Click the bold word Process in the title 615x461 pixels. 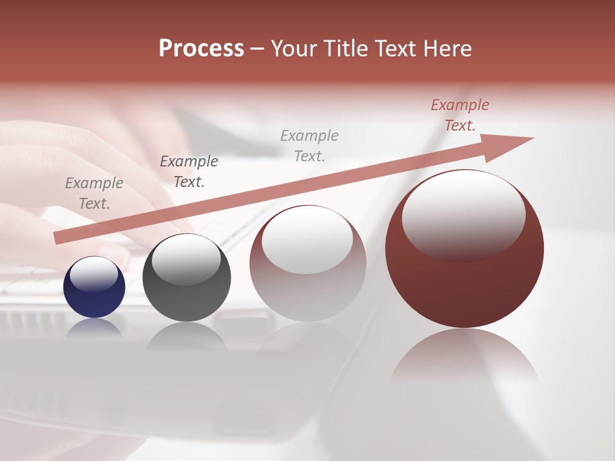coord(201,49)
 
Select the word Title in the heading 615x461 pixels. coord(343,49)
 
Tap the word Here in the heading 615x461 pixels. coord(448,49)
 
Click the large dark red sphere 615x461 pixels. coord(464,282)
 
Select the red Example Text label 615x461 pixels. coord(460,115)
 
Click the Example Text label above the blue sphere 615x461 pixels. coord(94,193)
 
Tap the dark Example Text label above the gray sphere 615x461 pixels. coord(189,172)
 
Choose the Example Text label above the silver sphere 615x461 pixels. coord(309,145)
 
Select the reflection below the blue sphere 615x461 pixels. coord(94,327)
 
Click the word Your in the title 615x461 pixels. coord(293,49)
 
